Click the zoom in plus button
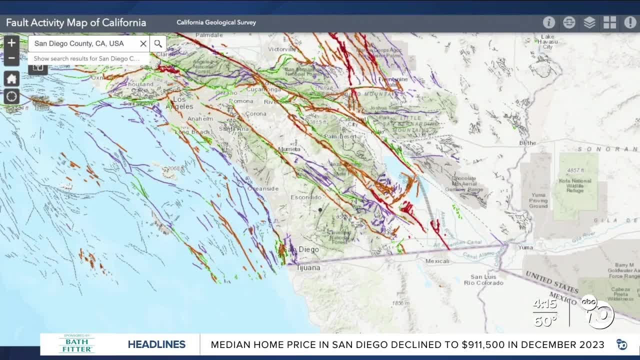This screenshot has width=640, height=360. (11, 43)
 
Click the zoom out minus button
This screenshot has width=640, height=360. (11, 58)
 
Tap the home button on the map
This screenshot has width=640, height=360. (11, 79)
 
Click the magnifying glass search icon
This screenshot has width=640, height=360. (158, 43)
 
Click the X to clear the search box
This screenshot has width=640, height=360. (143, 43)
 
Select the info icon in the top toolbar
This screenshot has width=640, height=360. (549, 22)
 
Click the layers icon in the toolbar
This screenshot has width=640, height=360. (589, 22)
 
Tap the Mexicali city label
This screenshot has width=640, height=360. (437, 261)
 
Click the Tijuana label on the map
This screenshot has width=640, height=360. (308, 267)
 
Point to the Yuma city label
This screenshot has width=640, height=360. (525, 247)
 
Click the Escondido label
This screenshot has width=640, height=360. (306, 197)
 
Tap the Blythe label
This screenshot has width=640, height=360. (527, 142)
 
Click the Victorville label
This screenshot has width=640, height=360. (282, 49)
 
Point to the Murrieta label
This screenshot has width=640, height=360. (289, 149)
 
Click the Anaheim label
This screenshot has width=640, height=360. (199, 118)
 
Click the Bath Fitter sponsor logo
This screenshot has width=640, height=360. (76, 344)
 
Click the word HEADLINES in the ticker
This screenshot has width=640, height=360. (156, 344)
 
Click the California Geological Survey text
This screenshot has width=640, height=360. (216, 22)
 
